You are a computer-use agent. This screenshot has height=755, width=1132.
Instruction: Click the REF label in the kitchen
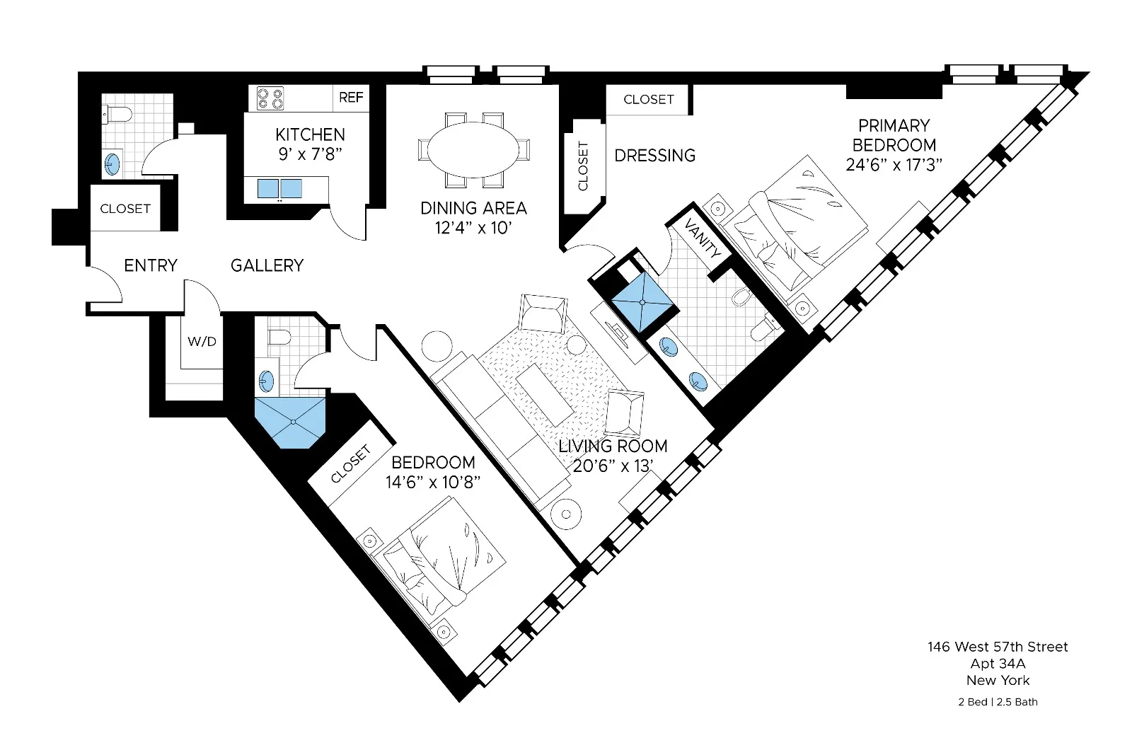coord(351,98)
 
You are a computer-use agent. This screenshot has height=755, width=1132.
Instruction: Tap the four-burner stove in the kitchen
coord(270,98)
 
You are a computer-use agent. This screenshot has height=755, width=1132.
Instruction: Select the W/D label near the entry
coord(202,342)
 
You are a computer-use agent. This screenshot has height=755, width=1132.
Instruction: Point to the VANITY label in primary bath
coord(703,238)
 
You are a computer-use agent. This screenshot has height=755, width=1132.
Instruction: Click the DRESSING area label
coord(654,155)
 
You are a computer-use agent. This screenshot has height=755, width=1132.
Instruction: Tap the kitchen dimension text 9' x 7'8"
coord(310,154)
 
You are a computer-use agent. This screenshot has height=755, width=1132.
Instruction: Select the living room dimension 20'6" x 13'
coord(613,466)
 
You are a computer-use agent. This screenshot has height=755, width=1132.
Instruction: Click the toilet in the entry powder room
coord(117,113)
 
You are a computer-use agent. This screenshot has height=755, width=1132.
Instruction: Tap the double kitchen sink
coord(279,189)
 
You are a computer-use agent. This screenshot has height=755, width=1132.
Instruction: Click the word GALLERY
coord(267,265)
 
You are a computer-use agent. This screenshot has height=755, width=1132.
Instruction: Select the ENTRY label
coord(150,265)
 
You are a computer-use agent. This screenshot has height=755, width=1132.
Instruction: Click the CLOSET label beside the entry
coord(125,209)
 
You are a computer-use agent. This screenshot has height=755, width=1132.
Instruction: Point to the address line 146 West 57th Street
coord(998,647)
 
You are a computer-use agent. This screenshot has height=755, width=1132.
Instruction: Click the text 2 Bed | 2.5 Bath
coord(998,702)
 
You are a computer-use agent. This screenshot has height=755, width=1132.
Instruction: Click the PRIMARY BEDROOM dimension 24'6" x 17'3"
coord(894,165)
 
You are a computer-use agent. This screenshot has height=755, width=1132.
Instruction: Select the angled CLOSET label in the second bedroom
coord(351,464)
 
